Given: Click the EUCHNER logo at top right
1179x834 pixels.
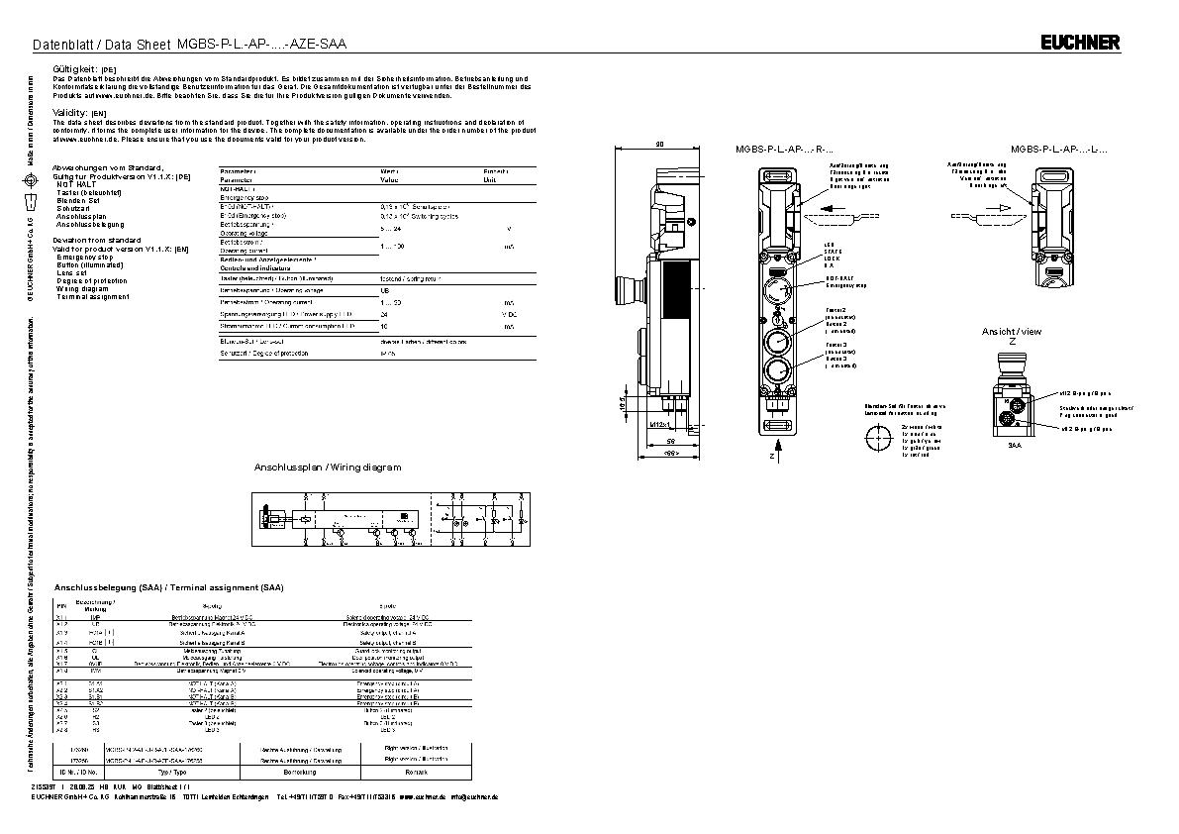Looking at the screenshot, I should pyautogui.click(x=1080, y=42).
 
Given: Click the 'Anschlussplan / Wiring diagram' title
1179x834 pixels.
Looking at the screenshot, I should pyautogui.click(x=328, y=467).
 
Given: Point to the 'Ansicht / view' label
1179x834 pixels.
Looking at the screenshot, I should pyautogui.click(x=1012, y=331).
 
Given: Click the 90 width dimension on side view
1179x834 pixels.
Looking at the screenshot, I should pyautogui.click(x=660, y=146).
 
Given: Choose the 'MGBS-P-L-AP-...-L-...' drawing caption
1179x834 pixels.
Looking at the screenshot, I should pyautogui.click(x=1058, y=149).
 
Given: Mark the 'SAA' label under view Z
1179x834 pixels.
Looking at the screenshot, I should pyautogui.click(x=1014, y=447).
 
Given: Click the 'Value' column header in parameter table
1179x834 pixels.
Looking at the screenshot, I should pyautogui.click(x=389, y=180).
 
